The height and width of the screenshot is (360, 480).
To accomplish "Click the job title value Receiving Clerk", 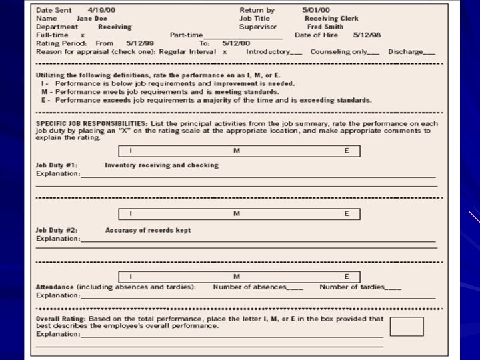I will coord(331,19).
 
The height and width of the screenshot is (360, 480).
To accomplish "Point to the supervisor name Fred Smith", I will coord(325,27).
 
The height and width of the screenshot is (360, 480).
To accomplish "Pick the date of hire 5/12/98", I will coord(367,35).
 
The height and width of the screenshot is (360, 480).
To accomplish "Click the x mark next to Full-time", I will coord(82,35).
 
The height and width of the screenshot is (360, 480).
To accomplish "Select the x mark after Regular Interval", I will coord(225,51).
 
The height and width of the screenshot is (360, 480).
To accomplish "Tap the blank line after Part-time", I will coord(243,36).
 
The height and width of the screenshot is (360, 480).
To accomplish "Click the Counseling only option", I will coord(339,51).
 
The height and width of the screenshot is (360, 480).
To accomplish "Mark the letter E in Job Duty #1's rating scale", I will coord(346,151).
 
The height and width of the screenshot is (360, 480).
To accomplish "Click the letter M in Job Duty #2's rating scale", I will coord(236,213).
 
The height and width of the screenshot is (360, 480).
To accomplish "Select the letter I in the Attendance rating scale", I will coord(131,276).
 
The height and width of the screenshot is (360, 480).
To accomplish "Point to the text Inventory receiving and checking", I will coord(161,165).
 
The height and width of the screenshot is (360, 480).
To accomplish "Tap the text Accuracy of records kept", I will coord(147,230).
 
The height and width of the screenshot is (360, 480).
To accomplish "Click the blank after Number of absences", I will coord(295,288).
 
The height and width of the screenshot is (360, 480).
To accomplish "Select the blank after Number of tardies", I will coord(393,288).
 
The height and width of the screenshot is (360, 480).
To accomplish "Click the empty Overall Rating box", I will coord(406,326).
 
